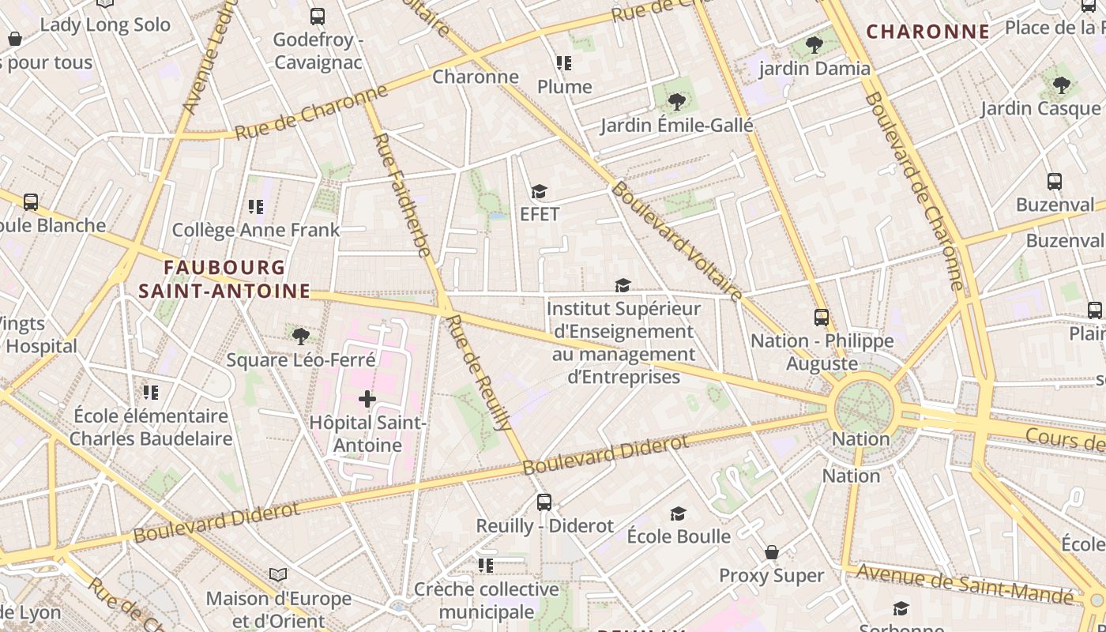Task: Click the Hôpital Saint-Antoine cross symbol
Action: click(367, 399)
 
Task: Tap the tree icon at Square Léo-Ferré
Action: click(300, 337)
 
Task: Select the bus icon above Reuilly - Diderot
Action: click(544, 502)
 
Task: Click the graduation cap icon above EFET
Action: click(539, 192)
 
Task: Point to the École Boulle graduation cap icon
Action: click(678, 514)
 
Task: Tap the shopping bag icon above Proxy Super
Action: click(772, 552)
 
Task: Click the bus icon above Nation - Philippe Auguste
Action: click(822, 318)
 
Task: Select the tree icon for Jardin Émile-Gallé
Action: click(676, 101)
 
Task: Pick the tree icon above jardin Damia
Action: click(814, 45)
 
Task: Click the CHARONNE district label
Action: click(928, 32)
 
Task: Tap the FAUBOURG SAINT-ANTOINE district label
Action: click(224, 279)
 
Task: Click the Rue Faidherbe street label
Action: click(402, 194)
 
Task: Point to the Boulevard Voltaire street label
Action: click(675, 241)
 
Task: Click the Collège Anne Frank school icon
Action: click(255, 207)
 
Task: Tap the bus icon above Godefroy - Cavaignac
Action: click(318, 16)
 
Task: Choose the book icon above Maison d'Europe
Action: click(278, 574)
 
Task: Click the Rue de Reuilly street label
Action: click(479, 371)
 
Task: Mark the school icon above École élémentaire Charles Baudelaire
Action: click(150, 393)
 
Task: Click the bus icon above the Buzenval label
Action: click(1054, 182)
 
